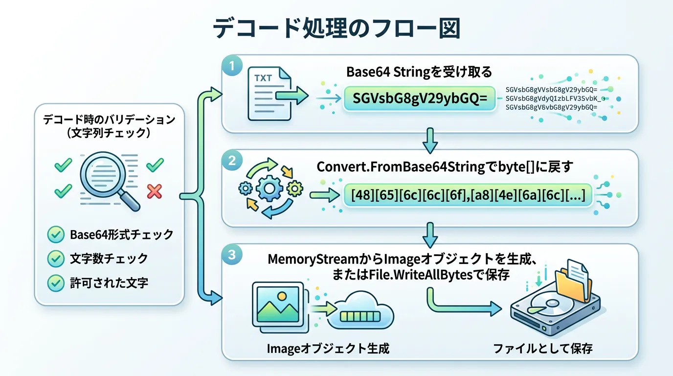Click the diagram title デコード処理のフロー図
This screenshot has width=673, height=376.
(x=336, y=29)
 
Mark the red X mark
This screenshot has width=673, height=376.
(x=155, y=191)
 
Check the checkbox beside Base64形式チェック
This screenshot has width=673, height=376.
(x=55, y=235)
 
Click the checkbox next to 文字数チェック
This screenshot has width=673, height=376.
(x=55, y=258)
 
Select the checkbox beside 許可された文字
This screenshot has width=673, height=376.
(x=55, y=282)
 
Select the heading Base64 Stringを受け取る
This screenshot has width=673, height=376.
(x=419, y=71)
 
